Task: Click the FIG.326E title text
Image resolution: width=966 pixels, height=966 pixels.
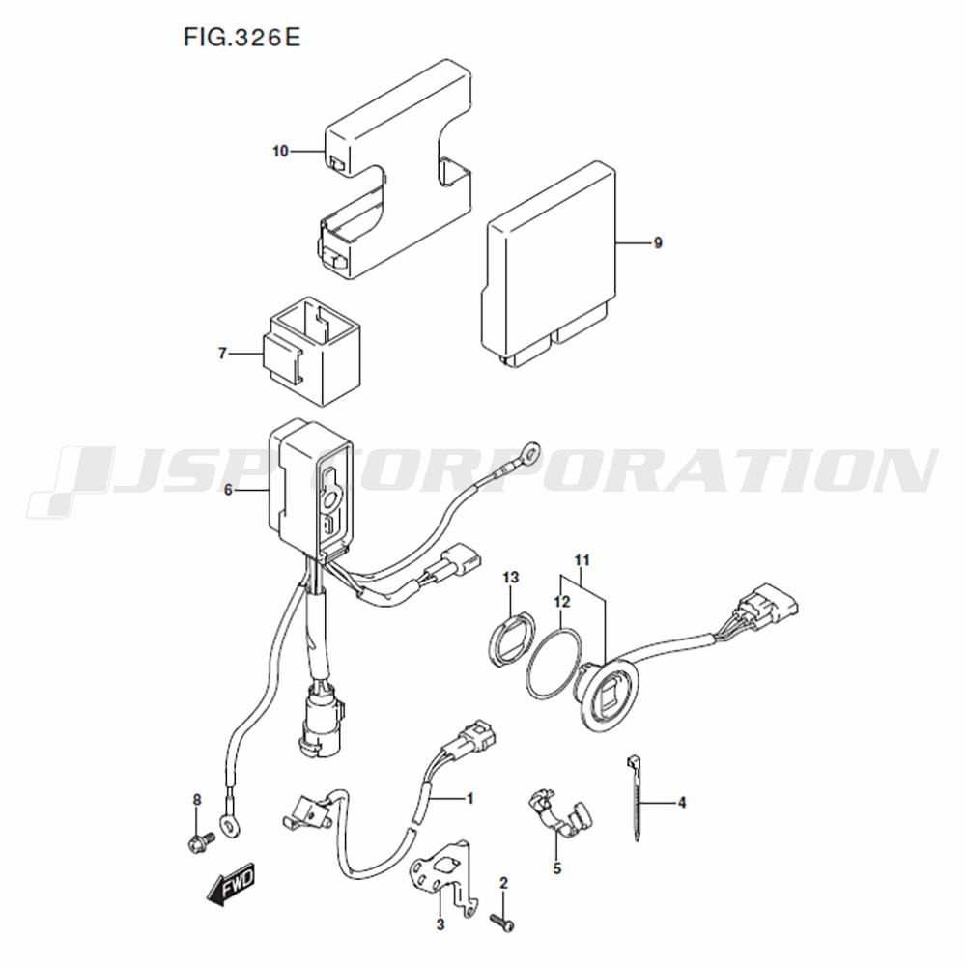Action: (x=241, y=38)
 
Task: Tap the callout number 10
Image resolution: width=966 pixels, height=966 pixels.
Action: (x=280, y=151)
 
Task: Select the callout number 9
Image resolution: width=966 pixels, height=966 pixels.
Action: (x=658, y=242)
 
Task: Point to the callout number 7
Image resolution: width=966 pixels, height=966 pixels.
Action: (x=222, y=354)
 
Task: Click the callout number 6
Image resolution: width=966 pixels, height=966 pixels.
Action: (x=228, y=491)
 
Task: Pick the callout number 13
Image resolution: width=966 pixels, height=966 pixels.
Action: (x=511, y=578)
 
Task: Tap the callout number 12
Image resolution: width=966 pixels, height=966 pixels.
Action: (x=562, y=601)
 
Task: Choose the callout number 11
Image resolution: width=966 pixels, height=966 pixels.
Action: (x=582, y=560)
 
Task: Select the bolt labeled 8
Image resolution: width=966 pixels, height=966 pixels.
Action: (x=200, y=841)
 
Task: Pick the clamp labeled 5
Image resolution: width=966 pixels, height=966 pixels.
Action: (x=559, y=813)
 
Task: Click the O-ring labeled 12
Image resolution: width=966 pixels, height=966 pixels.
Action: (x=554, y=664)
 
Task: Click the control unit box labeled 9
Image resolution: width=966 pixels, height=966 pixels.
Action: (x=549, y=265)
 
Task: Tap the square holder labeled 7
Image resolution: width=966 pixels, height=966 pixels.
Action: (x=312, y=352)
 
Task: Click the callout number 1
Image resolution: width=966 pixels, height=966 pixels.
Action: (x=470, y=799)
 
